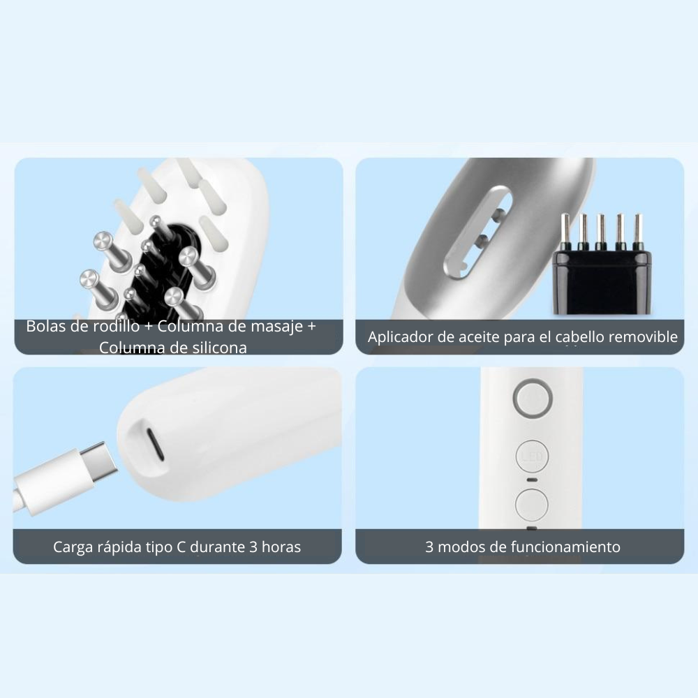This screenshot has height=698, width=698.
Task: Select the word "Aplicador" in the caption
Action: coord(401,337)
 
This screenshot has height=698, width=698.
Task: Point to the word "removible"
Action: coord(643,337)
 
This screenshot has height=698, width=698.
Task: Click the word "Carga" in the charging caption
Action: coord(73,547)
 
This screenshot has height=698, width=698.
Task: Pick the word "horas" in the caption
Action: coord(280,547)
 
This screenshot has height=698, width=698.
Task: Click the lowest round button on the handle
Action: coord(532,503)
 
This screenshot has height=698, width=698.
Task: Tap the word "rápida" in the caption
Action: coord(120,547)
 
